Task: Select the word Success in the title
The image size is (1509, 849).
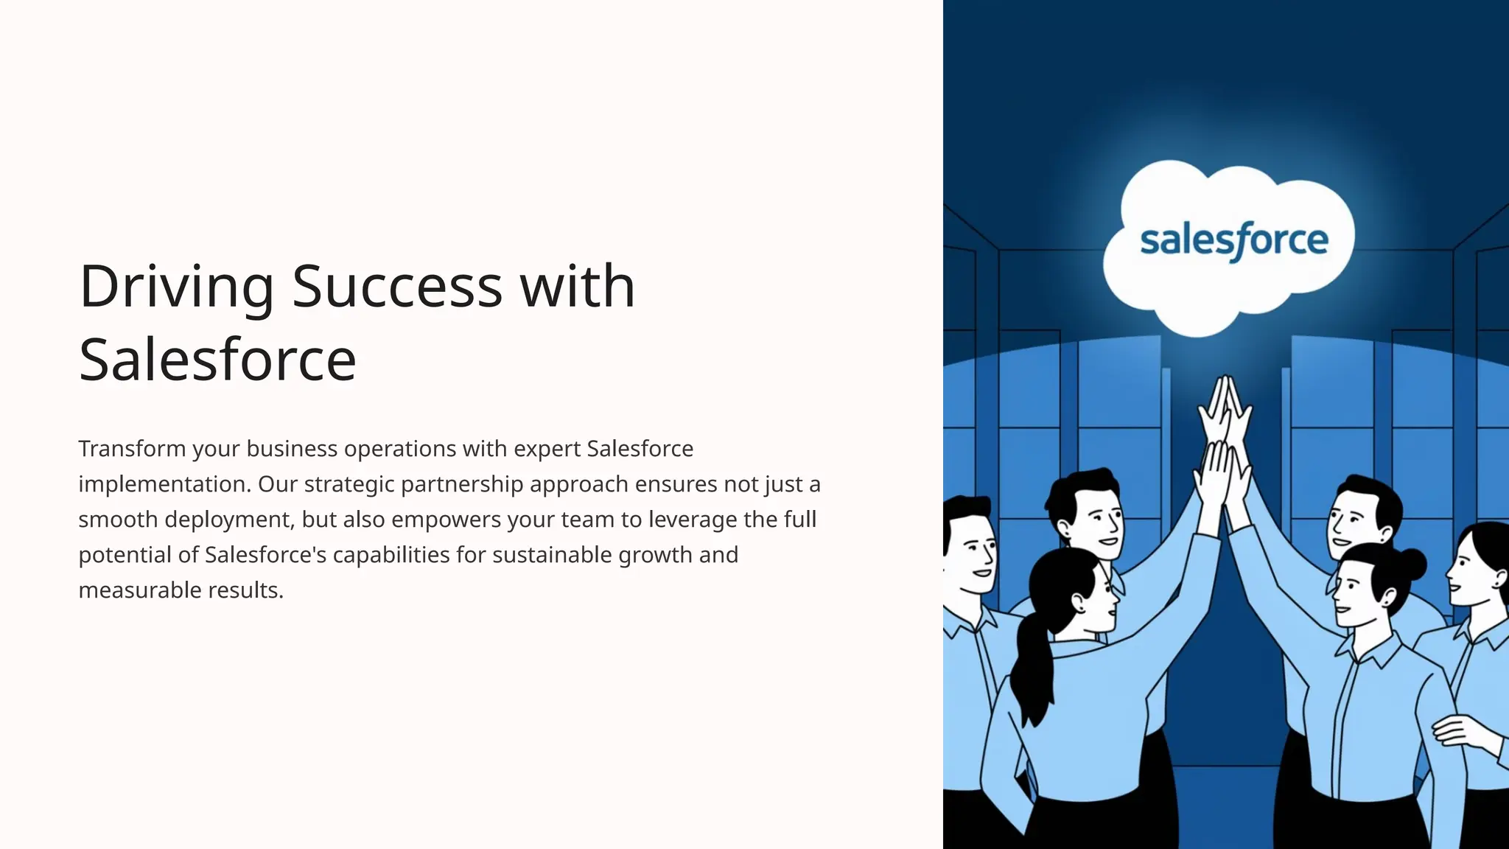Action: point(397,287)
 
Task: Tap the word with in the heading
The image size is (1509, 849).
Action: point(578,287)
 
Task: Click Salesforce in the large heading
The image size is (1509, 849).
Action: point(217,360)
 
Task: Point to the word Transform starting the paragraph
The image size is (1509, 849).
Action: point(132,449)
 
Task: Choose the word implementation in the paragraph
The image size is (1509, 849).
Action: point(164,484)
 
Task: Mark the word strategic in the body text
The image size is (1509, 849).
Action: point(349,484)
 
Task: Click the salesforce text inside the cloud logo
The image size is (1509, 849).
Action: point(1234,241)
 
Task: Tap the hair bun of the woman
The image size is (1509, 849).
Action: point(1410,565)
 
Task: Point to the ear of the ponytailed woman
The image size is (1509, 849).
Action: point(1079,604)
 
